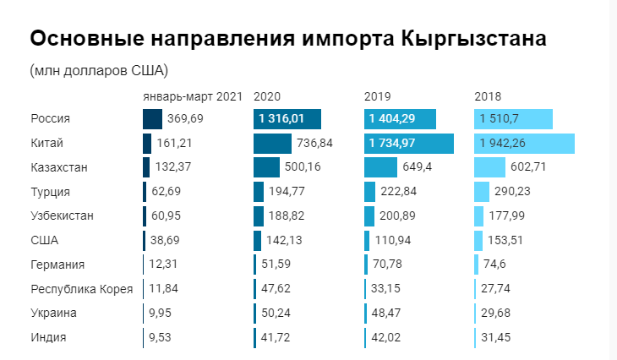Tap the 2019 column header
coord(377,96)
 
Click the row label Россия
coord(50,119)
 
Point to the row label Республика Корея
coord(82,289)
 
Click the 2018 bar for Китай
coord(524,144)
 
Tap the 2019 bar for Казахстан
coord(380,167)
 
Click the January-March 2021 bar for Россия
coord(152,119)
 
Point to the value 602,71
coord(528,167)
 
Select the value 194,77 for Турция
coord(286,192)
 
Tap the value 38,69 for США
coord(174,240)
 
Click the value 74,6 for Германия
coord(497,265)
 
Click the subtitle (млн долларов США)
coord(100,69)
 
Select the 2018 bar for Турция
coord(482,192)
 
